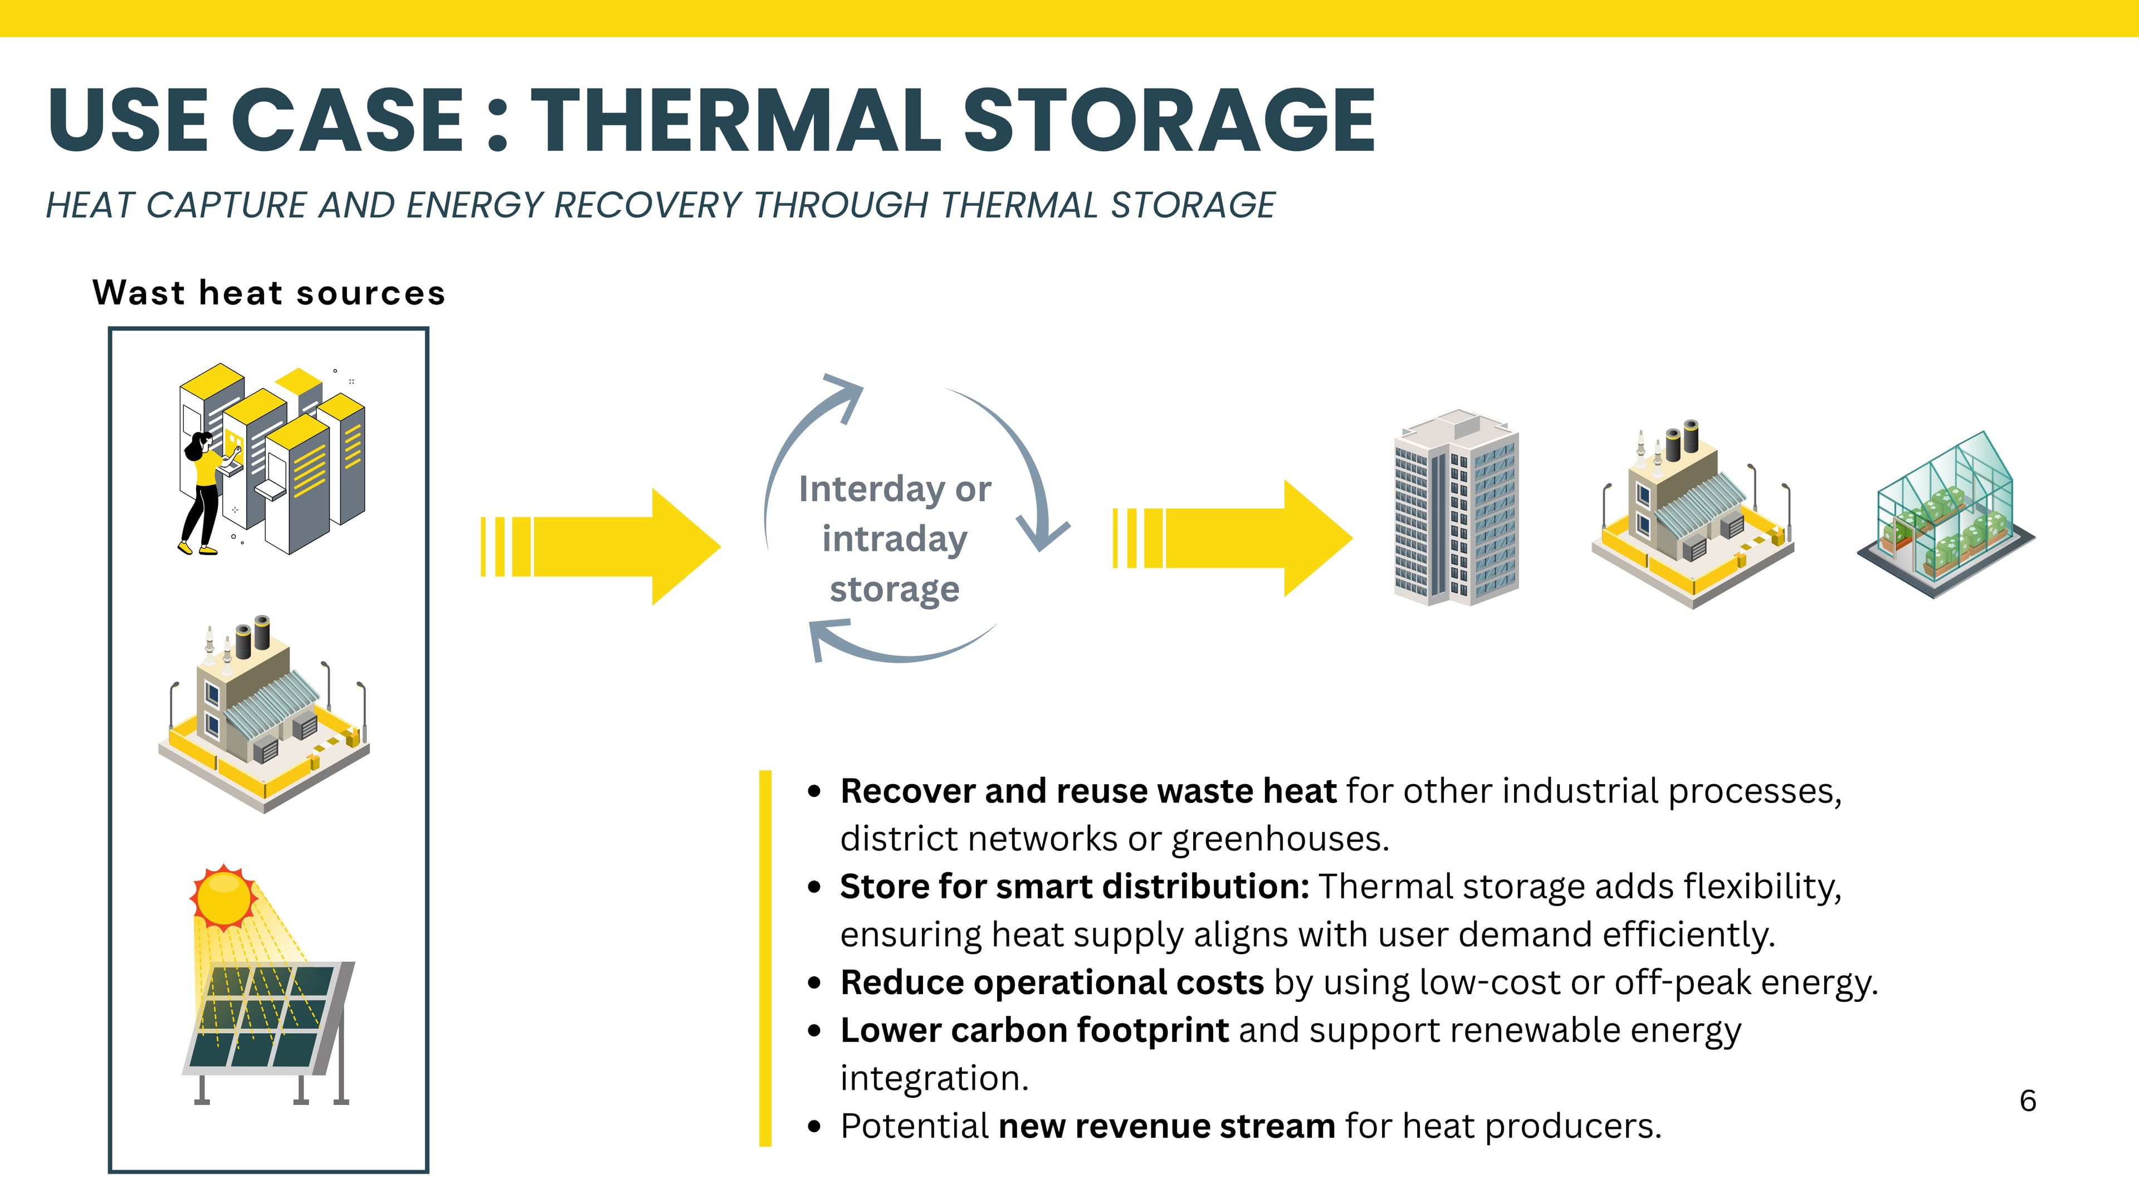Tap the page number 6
[x=2027, y=1101]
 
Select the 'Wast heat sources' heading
[x=269, y=293]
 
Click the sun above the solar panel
[x=223, y=897]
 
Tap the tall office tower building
[x=1456, y=507]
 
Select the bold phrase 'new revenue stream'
[x=1166, y=1127]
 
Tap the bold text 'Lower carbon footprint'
[x=1034, y=1031]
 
